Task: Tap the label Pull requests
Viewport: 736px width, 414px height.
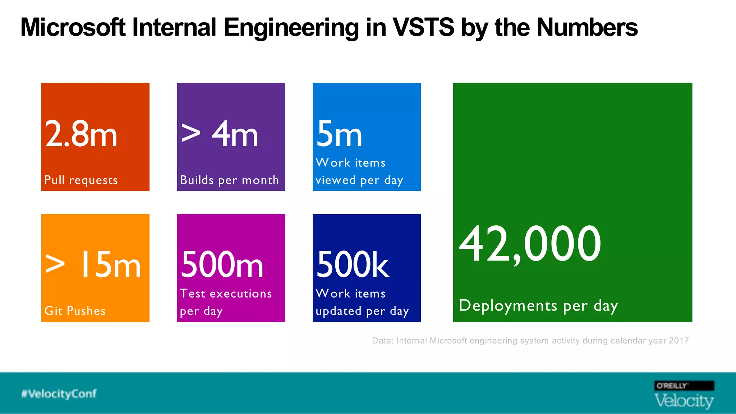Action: [81, 180]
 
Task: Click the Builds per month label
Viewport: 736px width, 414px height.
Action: [229, 180]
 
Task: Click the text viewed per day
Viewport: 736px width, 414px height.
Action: [359, 180]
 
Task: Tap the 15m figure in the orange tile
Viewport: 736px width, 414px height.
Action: [110, 265]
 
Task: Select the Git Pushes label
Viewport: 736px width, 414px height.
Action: [75, 310]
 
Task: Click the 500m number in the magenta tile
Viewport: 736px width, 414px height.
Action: [222, 265]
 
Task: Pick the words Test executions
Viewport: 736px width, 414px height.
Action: [226, 293]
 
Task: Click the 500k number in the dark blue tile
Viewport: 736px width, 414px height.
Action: [353, 265]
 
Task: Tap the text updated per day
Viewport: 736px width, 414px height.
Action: [362, 311]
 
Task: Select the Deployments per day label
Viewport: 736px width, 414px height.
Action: [538, 305]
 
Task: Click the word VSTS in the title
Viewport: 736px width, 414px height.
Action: [423, 27]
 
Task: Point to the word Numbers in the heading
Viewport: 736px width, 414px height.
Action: [587, 27]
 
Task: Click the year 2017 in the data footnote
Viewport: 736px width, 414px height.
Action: [678, 341]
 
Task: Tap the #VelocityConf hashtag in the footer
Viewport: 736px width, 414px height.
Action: [59, 394]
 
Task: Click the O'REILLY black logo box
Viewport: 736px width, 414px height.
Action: [684, 386]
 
